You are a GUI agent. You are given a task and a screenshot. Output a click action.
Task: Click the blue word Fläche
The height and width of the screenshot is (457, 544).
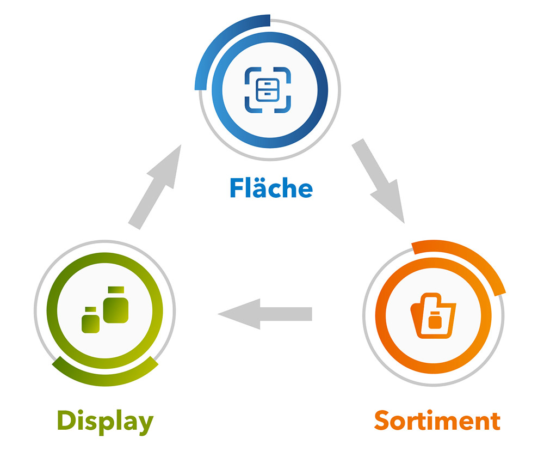pyautogui.click(x=270, y=187)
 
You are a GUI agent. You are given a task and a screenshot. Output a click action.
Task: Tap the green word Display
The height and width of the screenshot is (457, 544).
pyautogui.click(x=105, y=421)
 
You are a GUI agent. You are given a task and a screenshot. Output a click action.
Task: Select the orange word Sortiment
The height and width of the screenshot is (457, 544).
pyautogui.click(x=437, y=421)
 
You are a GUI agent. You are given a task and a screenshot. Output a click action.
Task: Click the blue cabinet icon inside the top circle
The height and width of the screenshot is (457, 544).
pyautogui.click(x=268, y=89)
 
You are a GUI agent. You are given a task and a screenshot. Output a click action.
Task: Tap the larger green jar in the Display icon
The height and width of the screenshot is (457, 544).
pyautogui.click(x=116, y=308)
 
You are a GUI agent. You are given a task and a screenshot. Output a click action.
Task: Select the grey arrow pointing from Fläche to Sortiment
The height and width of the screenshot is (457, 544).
pyautogui.click(x=379, y=180)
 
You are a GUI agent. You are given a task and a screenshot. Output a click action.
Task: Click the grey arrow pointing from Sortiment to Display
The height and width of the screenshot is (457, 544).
pyautogui.click(x=265, y=314)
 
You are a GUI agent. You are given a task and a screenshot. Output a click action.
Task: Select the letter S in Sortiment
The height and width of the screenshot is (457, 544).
pyautogui.click(x=383, y=421)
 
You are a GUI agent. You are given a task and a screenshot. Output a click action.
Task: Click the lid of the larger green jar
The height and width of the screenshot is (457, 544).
pyautogui.click(x=116, y=290)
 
